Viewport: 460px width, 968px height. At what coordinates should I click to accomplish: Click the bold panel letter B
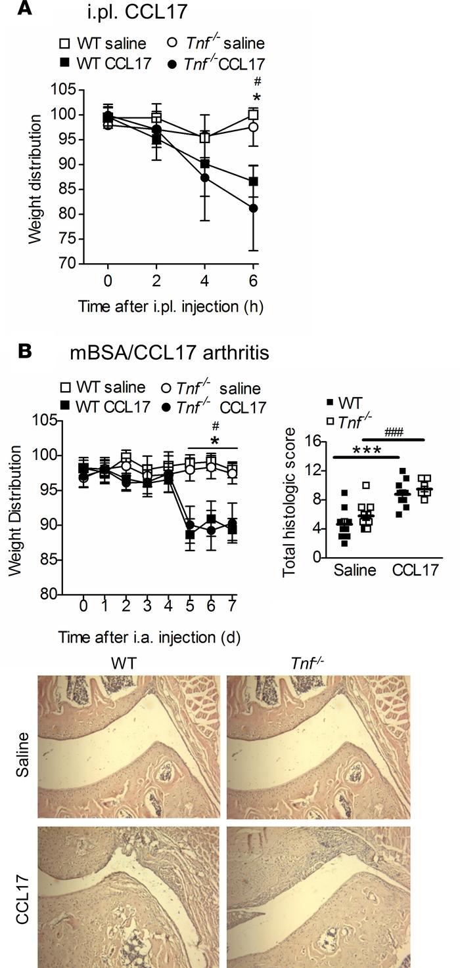point(27,352)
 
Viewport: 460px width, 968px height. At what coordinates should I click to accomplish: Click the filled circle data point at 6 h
point(253,208)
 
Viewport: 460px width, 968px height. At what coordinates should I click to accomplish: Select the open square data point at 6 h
point(253,115)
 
